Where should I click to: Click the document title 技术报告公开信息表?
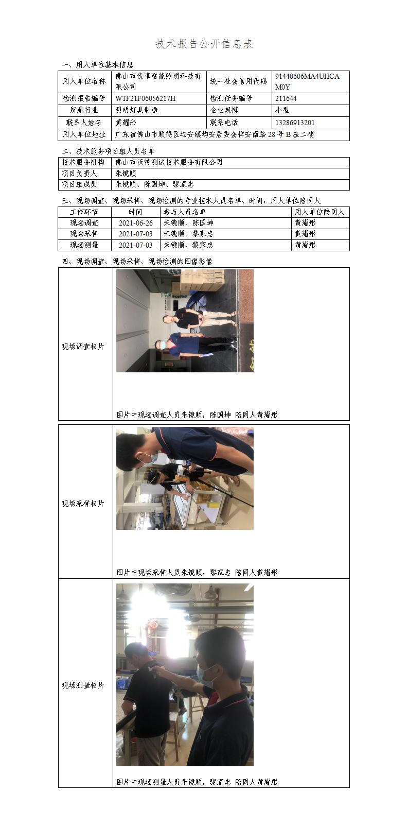[x=204, y=44]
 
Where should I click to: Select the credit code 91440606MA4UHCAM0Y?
[x=307, y=81]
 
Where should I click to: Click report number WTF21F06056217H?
[x=145, y=98]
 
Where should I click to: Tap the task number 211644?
[x=286, y=98]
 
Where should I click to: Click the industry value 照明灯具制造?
[x=136, y=110]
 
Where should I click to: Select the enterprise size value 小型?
[x=282, y=110]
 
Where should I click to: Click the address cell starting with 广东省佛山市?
[x=215, y=134]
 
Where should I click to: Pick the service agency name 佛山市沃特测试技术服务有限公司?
[x=169, y=162]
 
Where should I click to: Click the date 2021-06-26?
[x=136, y=223]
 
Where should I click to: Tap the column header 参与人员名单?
[x=185, y=212]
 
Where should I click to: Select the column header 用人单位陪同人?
[x=320, y=212]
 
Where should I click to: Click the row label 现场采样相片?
[x=83, y=504]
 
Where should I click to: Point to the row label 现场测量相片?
[x=83, y=685]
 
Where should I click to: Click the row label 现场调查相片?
[x=83, y=347]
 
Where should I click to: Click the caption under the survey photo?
[x=197, y=415]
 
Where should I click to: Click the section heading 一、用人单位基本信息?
[x=97, y=65]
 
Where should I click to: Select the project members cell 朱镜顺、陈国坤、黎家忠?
[x=154, y=184]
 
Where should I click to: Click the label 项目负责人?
[x=79, y=174]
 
